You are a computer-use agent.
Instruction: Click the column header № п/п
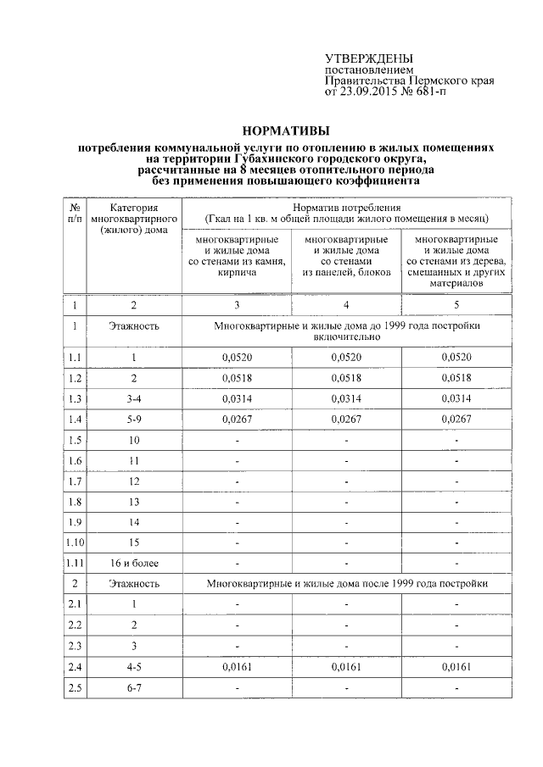tap(74, 213)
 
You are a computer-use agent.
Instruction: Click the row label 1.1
tap(74, 357)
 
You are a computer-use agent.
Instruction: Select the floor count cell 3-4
tap(133, 398)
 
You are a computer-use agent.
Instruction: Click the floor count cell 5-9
tap(133, 419)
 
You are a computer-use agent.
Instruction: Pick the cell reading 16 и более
tap(133, 563)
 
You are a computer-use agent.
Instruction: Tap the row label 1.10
tap(75, 542)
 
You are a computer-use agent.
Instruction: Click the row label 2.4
tap(74, 666)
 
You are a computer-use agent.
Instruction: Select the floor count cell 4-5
tap(133, 666)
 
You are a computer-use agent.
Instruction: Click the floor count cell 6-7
tap(133, 687)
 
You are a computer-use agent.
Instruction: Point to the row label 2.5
tap(74, 687)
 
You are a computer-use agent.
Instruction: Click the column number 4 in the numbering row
tap(346, 304)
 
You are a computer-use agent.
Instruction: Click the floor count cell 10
tap(133, 440)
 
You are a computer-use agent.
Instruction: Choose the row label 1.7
tap(74, 481)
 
